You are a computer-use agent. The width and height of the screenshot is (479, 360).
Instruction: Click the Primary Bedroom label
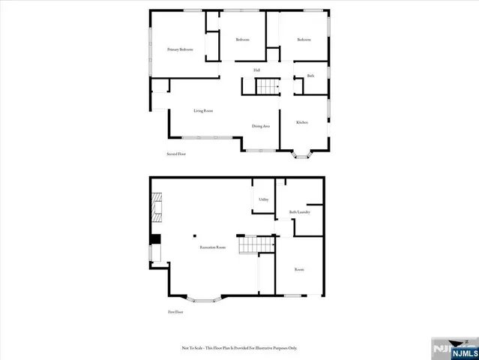coord(180,49)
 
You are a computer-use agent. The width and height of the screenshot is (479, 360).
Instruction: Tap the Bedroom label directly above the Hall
coord(242,39)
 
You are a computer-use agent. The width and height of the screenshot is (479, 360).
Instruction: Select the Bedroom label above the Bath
coord(304,39)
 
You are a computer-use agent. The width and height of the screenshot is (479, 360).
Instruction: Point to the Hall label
coord(256,70)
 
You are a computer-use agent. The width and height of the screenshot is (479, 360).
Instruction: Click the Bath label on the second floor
coord(310,76)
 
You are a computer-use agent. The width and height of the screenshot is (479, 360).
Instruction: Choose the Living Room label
coord(203,111)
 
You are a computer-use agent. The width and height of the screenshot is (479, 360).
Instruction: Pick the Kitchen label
coord(302,121)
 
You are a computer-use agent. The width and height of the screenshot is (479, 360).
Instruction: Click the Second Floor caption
coord(176,154)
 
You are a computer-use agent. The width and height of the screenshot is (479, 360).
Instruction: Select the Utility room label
coord(263,199)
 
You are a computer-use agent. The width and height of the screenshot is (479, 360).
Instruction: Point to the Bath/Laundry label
coord(299,212)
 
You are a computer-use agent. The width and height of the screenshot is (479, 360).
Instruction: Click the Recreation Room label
coord(213,247)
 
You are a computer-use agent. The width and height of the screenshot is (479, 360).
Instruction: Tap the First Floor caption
coord(175,311)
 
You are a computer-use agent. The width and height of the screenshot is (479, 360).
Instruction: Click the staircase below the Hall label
coord(268,87)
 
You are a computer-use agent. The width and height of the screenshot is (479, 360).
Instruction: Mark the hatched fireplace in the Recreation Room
coord(156,208)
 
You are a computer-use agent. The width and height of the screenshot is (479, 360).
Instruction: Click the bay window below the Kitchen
coord(304,155)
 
